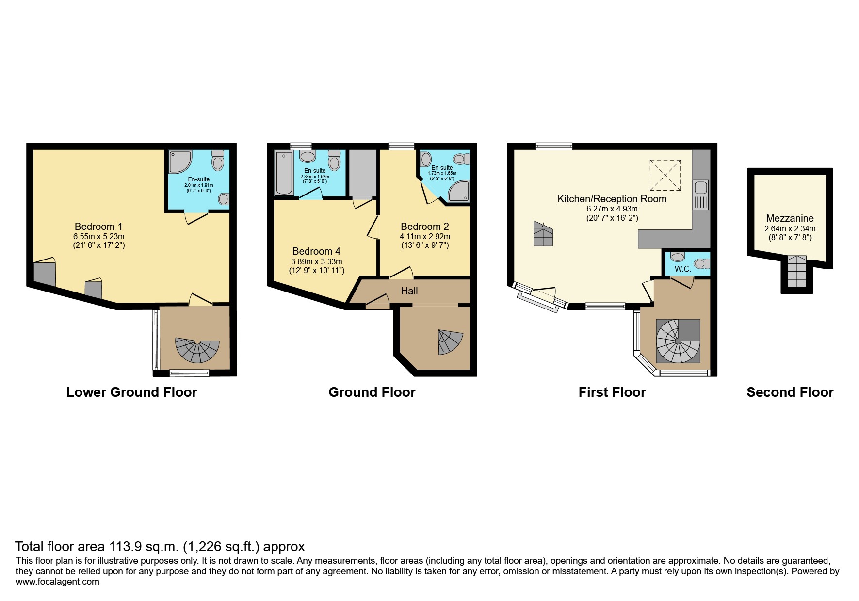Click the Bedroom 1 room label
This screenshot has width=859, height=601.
pos(98,227)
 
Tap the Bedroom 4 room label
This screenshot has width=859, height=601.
pos(316,251)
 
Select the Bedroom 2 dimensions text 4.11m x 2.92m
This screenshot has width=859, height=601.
pos(424,237)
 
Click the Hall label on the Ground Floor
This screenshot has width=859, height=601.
pos(409,291)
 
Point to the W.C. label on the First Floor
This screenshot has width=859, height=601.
pos(682,269)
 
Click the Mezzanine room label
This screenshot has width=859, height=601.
pos(790,218)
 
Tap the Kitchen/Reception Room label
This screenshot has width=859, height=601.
pos(612,199)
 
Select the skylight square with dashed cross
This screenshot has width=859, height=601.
pos(665,175)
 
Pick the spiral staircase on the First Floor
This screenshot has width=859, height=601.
pos(678,341)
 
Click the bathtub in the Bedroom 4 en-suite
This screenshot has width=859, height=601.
pos(283,173)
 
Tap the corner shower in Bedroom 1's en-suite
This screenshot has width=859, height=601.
pos(179,162)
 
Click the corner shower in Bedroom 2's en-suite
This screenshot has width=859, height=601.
pos(459,192)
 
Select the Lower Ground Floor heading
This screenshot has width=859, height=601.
pos(131,392)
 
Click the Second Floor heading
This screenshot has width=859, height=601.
pos(790,392)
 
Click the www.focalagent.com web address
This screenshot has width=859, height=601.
pos(57,582)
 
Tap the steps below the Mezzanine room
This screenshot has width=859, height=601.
pos(796,271)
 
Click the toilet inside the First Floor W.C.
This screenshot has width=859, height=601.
pos(701,263)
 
